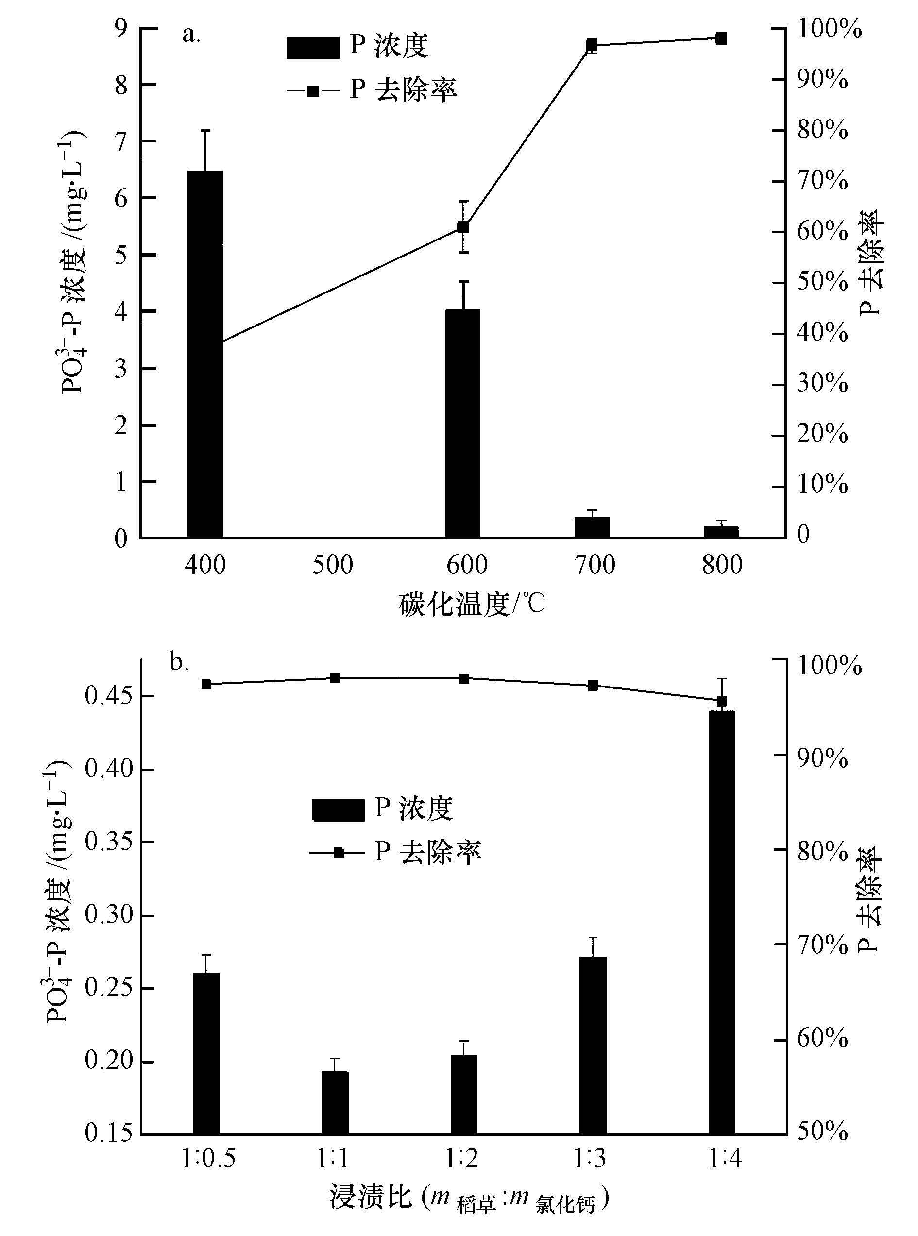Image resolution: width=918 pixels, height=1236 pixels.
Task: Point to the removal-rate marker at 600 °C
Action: coord(463,227)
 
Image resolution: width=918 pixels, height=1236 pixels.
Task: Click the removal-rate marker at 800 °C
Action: coord(721,38)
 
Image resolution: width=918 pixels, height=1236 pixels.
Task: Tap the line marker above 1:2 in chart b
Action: coord(463,678)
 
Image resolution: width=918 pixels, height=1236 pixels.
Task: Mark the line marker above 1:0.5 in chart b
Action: coord(206,684)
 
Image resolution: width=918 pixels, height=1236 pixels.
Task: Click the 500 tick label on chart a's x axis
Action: coord(332,565)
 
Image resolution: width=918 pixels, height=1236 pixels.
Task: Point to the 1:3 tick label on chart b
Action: coord(590,1158)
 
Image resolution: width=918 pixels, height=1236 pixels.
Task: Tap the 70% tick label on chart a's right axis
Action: coord(822,181)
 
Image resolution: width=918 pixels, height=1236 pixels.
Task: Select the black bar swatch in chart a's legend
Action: coord(312,47)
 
